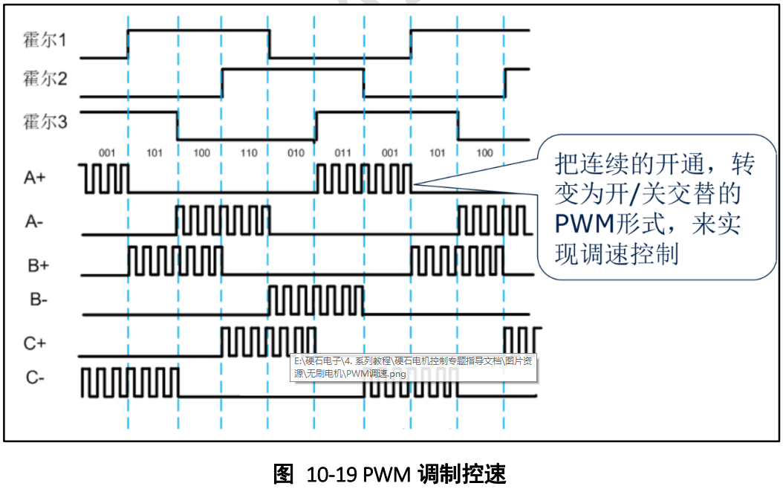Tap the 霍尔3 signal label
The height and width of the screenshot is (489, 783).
[x=45, y=120]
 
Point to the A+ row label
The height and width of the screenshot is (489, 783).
[x=36, y=178]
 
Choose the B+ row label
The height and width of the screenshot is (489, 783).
[x=36, y=262]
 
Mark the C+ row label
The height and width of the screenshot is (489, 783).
[x=36, y=343]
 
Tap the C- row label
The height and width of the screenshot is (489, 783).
[x=35, y=378]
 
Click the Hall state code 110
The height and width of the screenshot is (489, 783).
[x=249, y=153]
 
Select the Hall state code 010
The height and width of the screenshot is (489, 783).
[x=296, y=153]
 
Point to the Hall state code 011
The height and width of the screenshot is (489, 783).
[x=342, y=153]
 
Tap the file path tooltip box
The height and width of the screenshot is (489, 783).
[x=415, y=366]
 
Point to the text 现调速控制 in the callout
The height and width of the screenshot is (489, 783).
[x=617, y=253]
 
